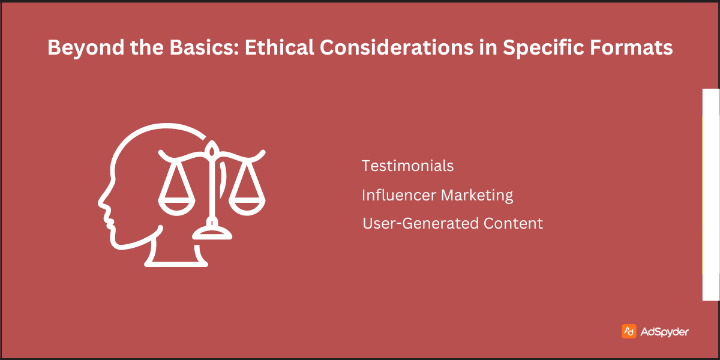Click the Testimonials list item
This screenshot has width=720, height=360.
point(407,166)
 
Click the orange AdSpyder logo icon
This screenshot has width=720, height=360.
point(629,331)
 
